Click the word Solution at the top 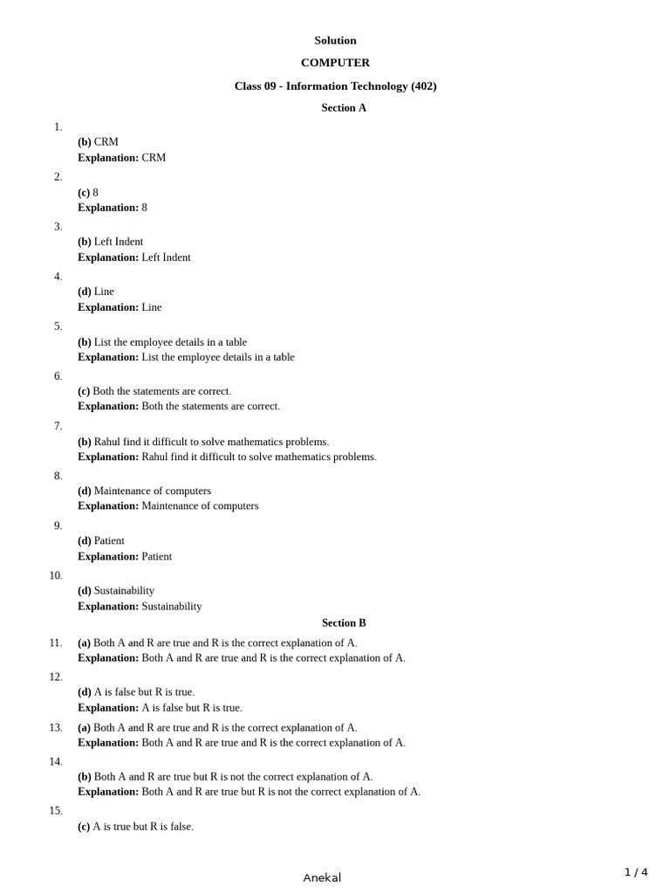point(335,40)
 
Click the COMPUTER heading point(335,63)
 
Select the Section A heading point(344,108)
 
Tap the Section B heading point(344,623)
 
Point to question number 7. point(58,426)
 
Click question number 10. point(56,575)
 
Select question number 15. point(56,810)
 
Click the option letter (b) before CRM point(85,141)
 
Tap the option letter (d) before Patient point(85,540)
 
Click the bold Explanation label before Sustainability point(108,606)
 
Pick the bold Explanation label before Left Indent point(108,258)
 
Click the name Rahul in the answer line point(108,442)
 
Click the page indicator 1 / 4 point(636,872)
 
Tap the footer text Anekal point(322,877)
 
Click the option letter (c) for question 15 point(84,826)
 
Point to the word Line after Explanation point(152,307)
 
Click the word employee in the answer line point(153,342)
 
